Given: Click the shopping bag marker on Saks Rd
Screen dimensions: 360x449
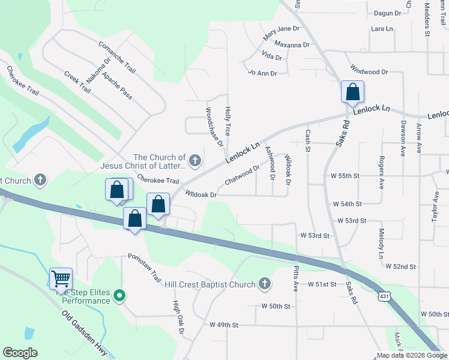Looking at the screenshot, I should coord(352,92).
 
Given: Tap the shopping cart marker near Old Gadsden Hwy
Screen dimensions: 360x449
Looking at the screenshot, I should coord(61,279).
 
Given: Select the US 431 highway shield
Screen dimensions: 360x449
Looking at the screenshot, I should coord(385,297).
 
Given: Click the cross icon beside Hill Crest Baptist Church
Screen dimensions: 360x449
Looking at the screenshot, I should coord(265,284).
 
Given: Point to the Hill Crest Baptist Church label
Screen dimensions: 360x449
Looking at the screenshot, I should coord(209,284).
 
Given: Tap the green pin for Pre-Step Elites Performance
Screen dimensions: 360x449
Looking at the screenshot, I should coord(119,295).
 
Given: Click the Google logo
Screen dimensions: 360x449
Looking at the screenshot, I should coord(20,353).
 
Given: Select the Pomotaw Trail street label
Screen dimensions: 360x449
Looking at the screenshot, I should coord(145,268).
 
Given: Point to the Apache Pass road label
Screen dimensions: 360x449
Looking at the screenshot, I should coord(116,85).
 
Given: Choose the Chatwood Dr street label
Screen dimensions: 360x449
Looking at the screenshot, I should coord(242,175).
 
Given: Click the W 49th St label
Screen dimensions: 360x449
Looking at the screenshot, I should coord(224,325).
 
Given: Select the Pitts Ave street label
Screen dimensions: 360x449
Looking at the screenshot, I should coord(296,278).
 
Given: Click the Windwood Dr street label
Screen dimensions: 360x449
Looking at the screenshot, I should coord(369,71).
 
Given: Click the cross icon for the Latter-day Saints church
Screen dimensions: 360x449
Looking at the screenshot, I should coord(194,160).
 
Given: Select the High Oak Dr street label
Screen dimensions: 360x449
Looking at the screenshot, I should coord(178,316).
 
